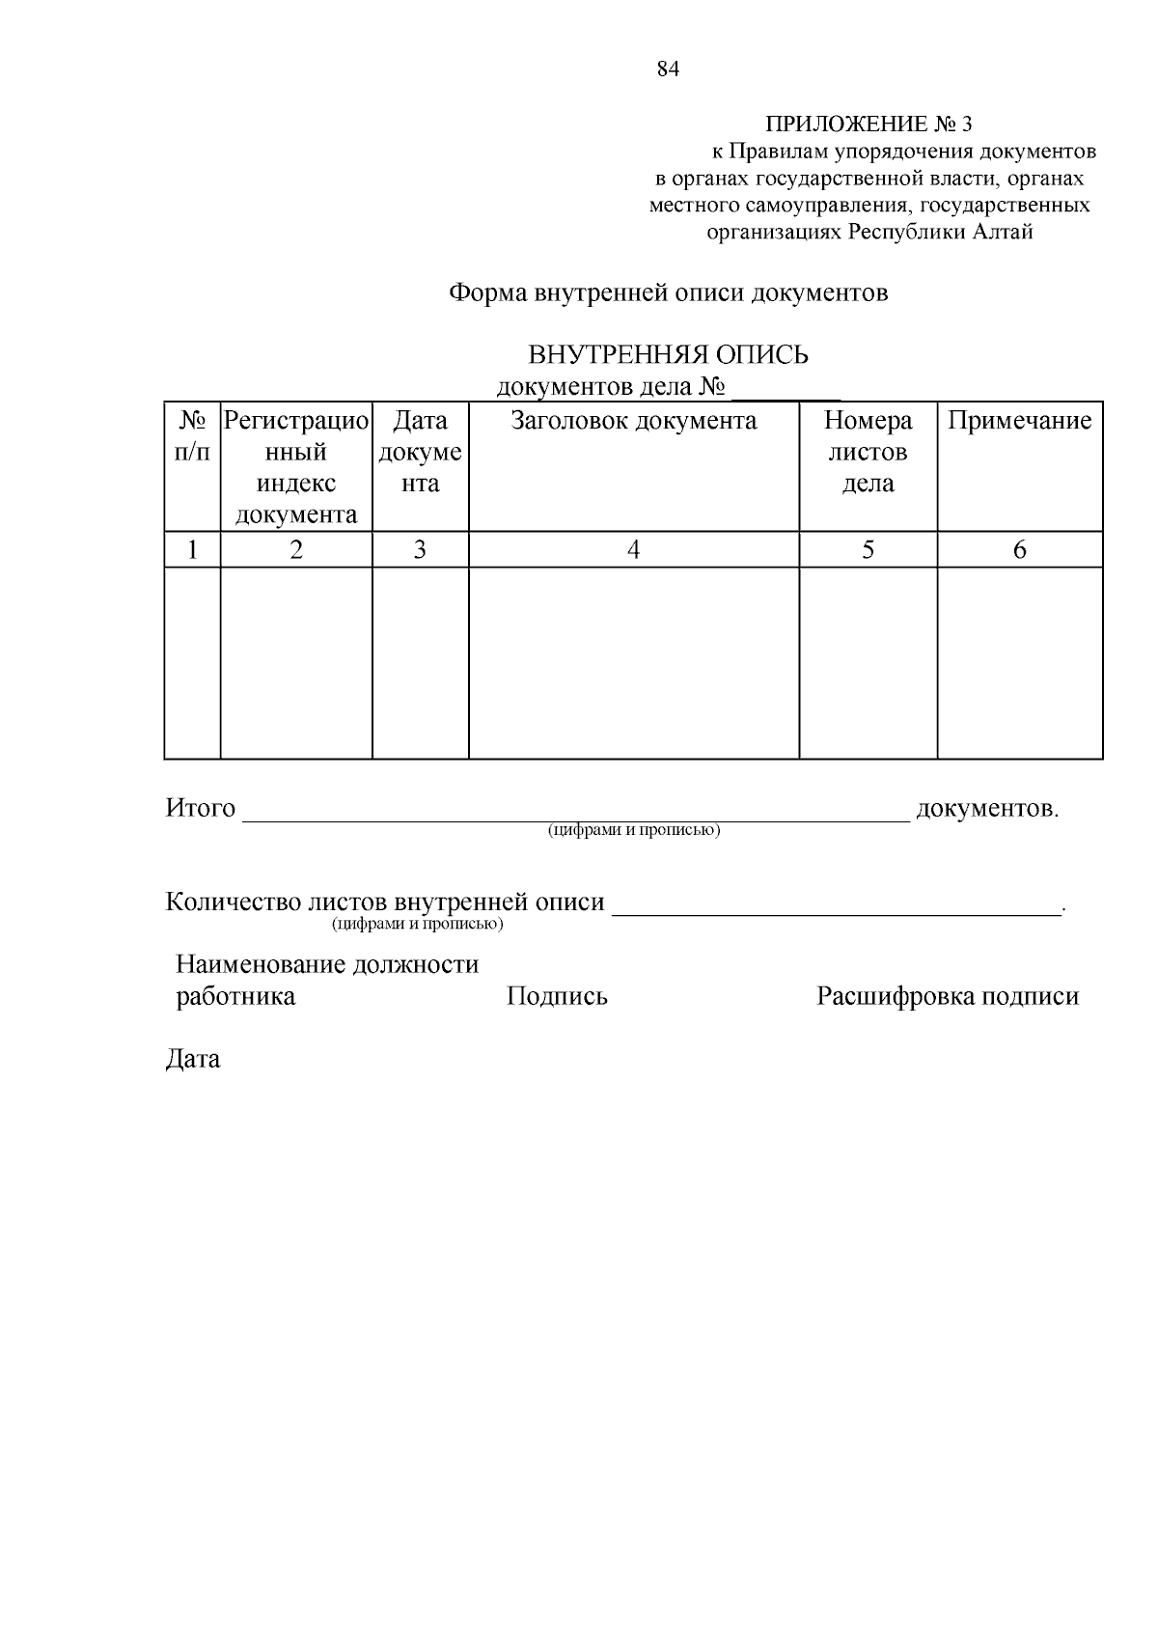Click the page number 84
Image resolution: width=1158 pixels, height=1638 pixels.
(x=668, y=69)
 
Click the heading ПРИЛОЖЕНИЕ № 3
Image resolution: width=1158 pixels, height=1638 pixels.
(x=869, y=125)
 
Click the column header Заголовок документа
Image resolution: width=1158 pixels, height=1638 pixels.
(x=633, y=421)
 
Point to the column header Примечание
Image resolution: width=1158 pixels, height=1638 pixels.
(x=1019, y=421)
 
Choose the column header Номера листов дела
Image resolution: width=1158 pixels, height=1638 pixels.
(x=868, y=452)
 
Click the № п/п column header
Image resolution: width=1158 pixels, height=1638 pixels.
(x=192, y=436)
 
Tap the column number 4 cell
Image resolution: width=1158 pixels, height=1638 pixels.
(x=633, y=550)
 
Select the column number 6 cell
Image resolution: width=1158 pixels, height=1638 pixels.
(x=1019, y=550)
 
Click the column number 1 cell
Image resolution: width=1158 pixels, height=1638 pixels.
(x=192, y=550)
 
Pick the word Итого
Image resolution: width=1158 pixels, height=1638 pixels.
(x=201, y=808)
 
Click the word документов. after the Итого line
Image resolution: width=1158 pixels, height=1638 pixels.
(x=987, y=808)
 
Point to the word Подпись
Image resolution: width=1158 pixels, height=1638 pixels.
(x=557, y=996)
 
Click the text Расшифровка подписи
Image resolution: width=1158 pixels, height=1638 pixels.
(x=948, y=996)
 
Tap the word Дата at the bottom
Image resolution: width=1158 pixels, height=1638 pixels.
(x=193, y=1059)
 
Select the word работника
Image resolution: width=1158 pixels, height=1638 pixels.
(x=235, y=996)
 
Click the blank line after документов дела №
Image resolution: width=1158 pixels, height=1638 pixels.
(x=786, y=389)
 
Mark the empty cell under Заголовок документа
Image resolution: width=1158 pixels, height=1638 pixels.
(x=633, y=662)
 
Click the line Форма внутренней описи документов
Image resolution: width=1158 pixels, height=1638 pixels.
(x=668, y=292)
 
